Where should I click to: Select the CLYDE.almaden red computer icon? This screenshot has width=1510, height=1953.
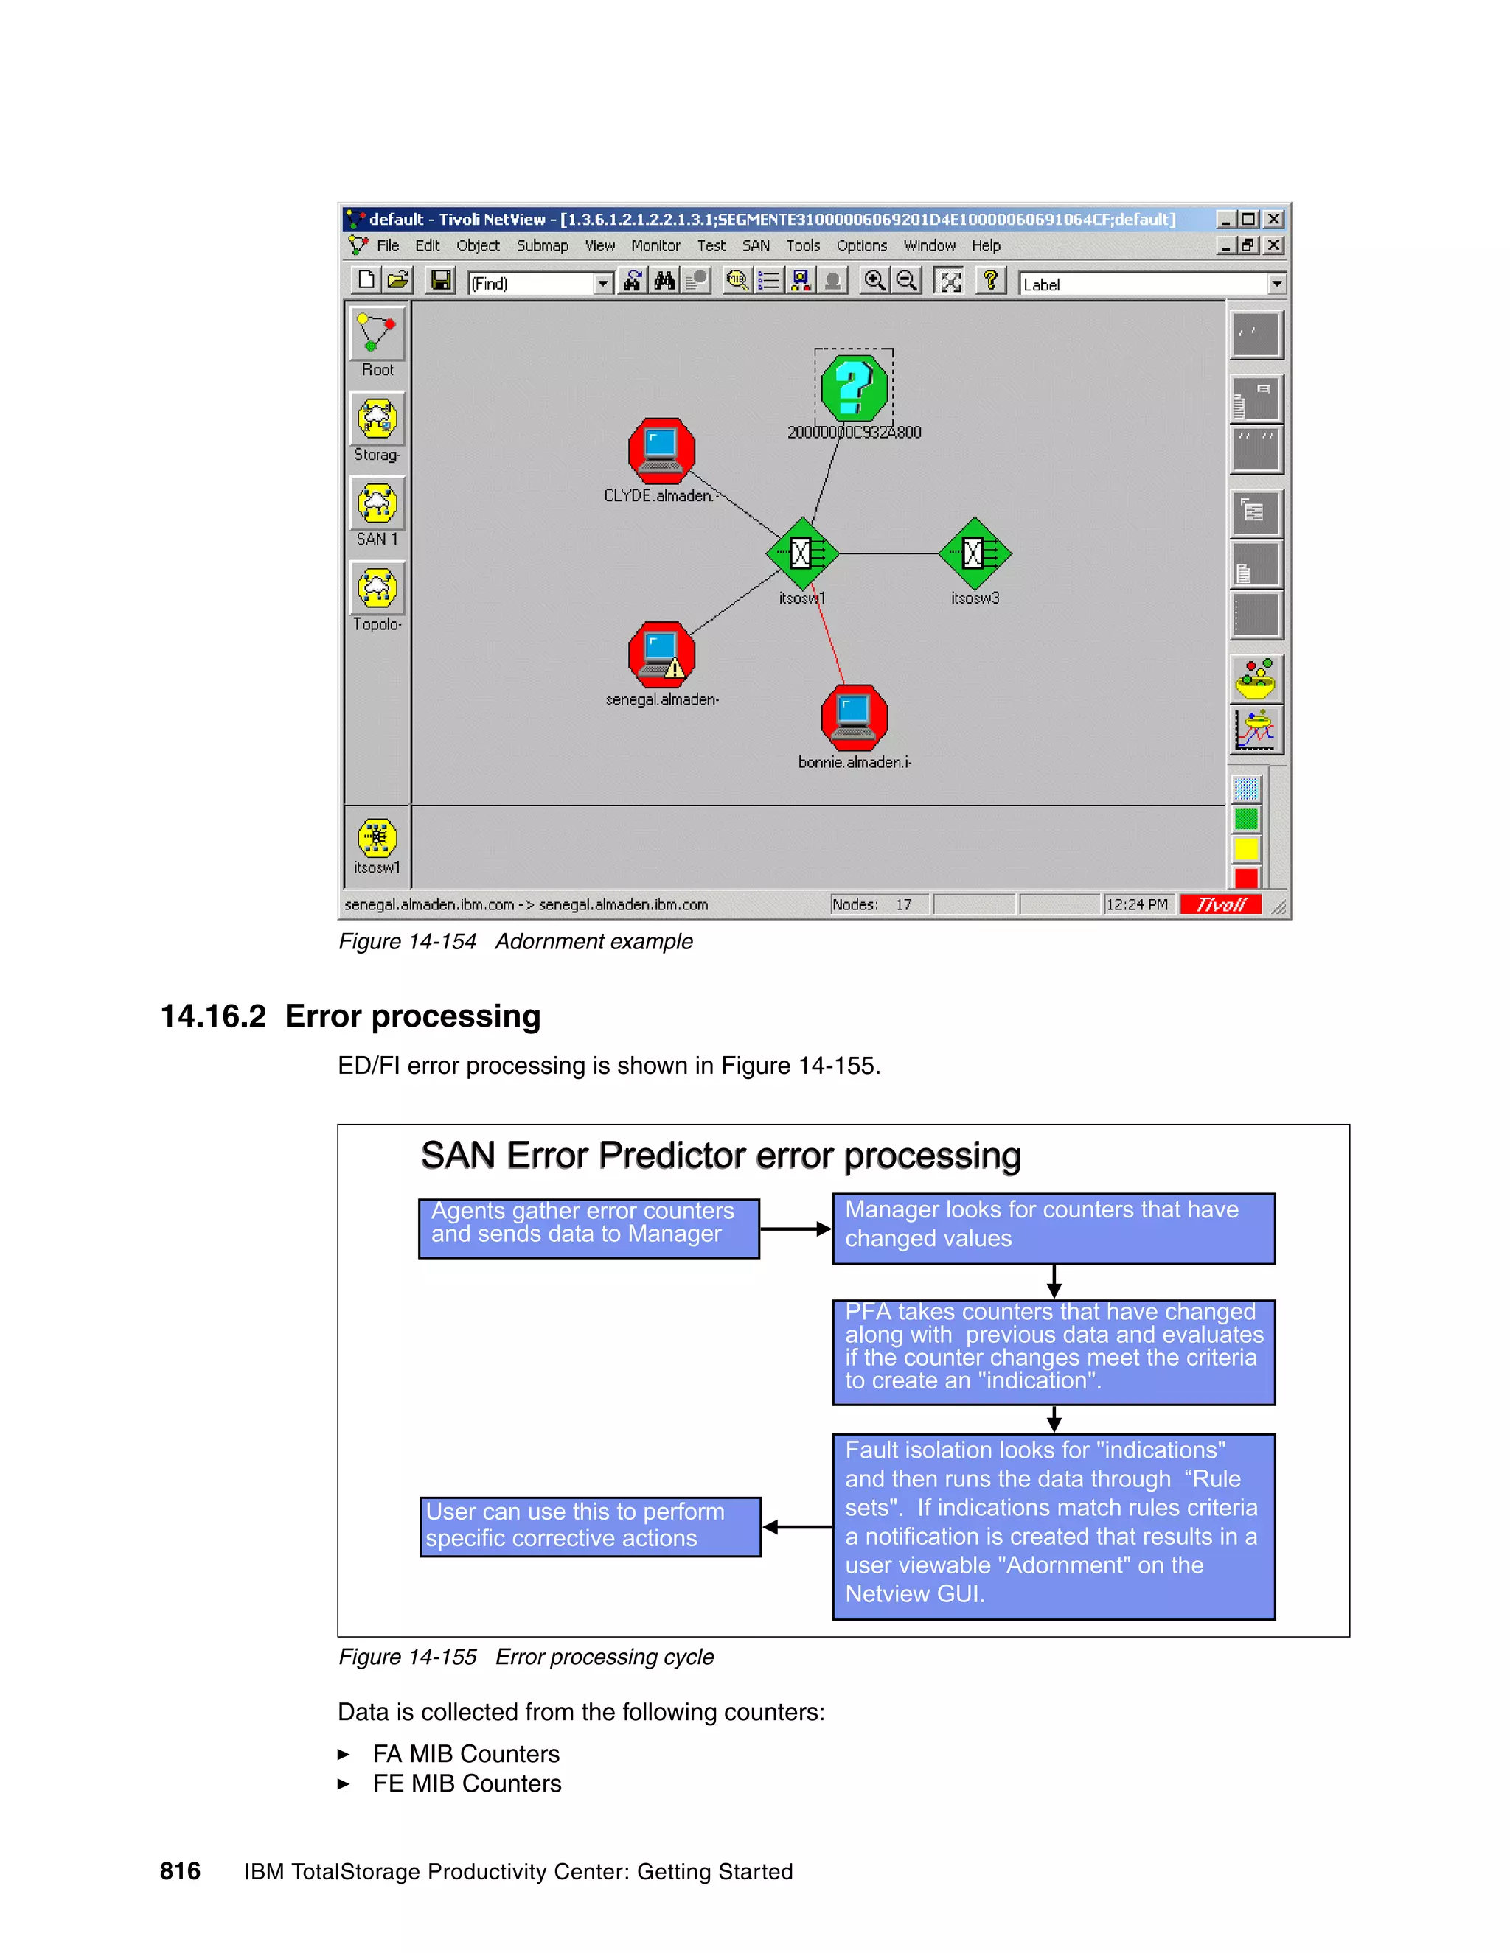(x=661, y=451)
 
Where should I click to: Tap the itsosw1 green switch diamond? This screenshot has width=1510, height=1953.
(x=801, y=553)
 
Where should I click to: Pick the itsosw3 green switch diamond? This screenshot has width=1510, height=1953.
(x=974, y=553)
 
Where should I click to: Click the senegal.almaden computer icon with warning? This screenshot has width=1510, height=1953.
(x=661, y=654)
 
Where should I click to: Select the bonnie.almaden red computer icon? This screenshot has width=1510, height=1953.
(x=855, y=717)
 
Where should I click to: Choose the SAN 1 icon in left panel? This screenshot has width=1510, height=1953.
(x=377, y=503)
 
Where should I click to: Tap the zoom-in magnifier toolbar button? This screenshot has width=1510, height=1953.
(x=874, y=282)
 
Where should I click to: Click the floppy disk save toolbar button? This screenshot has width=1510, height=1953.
(x=440, y=282)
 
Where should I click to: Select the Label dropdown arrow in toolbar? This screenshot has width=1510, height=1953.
(x=1276, y=284)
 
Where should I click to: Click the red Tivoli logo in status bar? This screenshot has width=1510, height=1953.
(x=1220, y=904)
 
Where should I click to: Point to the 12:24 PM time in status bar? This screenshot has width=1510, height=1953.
(x=1136, y=904)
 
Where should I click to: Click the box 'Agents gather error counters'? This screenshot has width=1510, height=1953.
(x=588, y=1228)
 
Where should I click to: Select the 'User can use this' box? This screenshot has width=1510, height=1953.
(x=590, y=1526)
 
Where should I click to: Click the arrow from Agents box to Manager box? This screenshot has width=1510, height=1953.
(x=796, y=1229)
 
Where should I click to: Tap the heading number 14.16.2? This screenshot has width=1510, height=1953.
(x=213, y=1017)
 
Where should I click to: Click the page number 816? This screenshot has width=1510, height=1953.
(x=180, y=1870)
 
